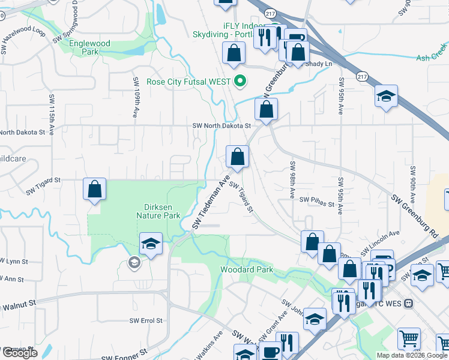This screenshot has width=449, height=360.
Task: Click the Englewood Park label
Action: (x=89, y=47)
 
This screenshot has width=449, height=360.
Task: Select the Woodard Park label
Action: (x=247, y=269)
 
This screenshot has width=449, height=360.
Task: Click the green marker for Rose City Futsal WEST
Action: (x=240, y=82)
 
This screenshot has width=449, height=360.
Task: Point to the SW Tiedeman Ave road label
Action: (x=211, y=202)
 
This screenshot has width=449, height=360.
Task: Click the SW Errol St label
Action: (x=147, y=320)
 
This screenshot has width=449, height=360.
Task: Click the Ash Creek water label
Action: (x=432, y=58)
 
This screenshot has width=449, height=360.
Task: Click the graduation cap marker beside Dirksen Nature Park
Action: (x=151, y=244)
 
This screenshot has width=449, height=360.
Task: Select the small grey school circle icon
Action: (x=134, y=262)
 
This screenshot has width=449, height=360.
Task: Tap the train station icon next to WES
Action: (x=409, y=304)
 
